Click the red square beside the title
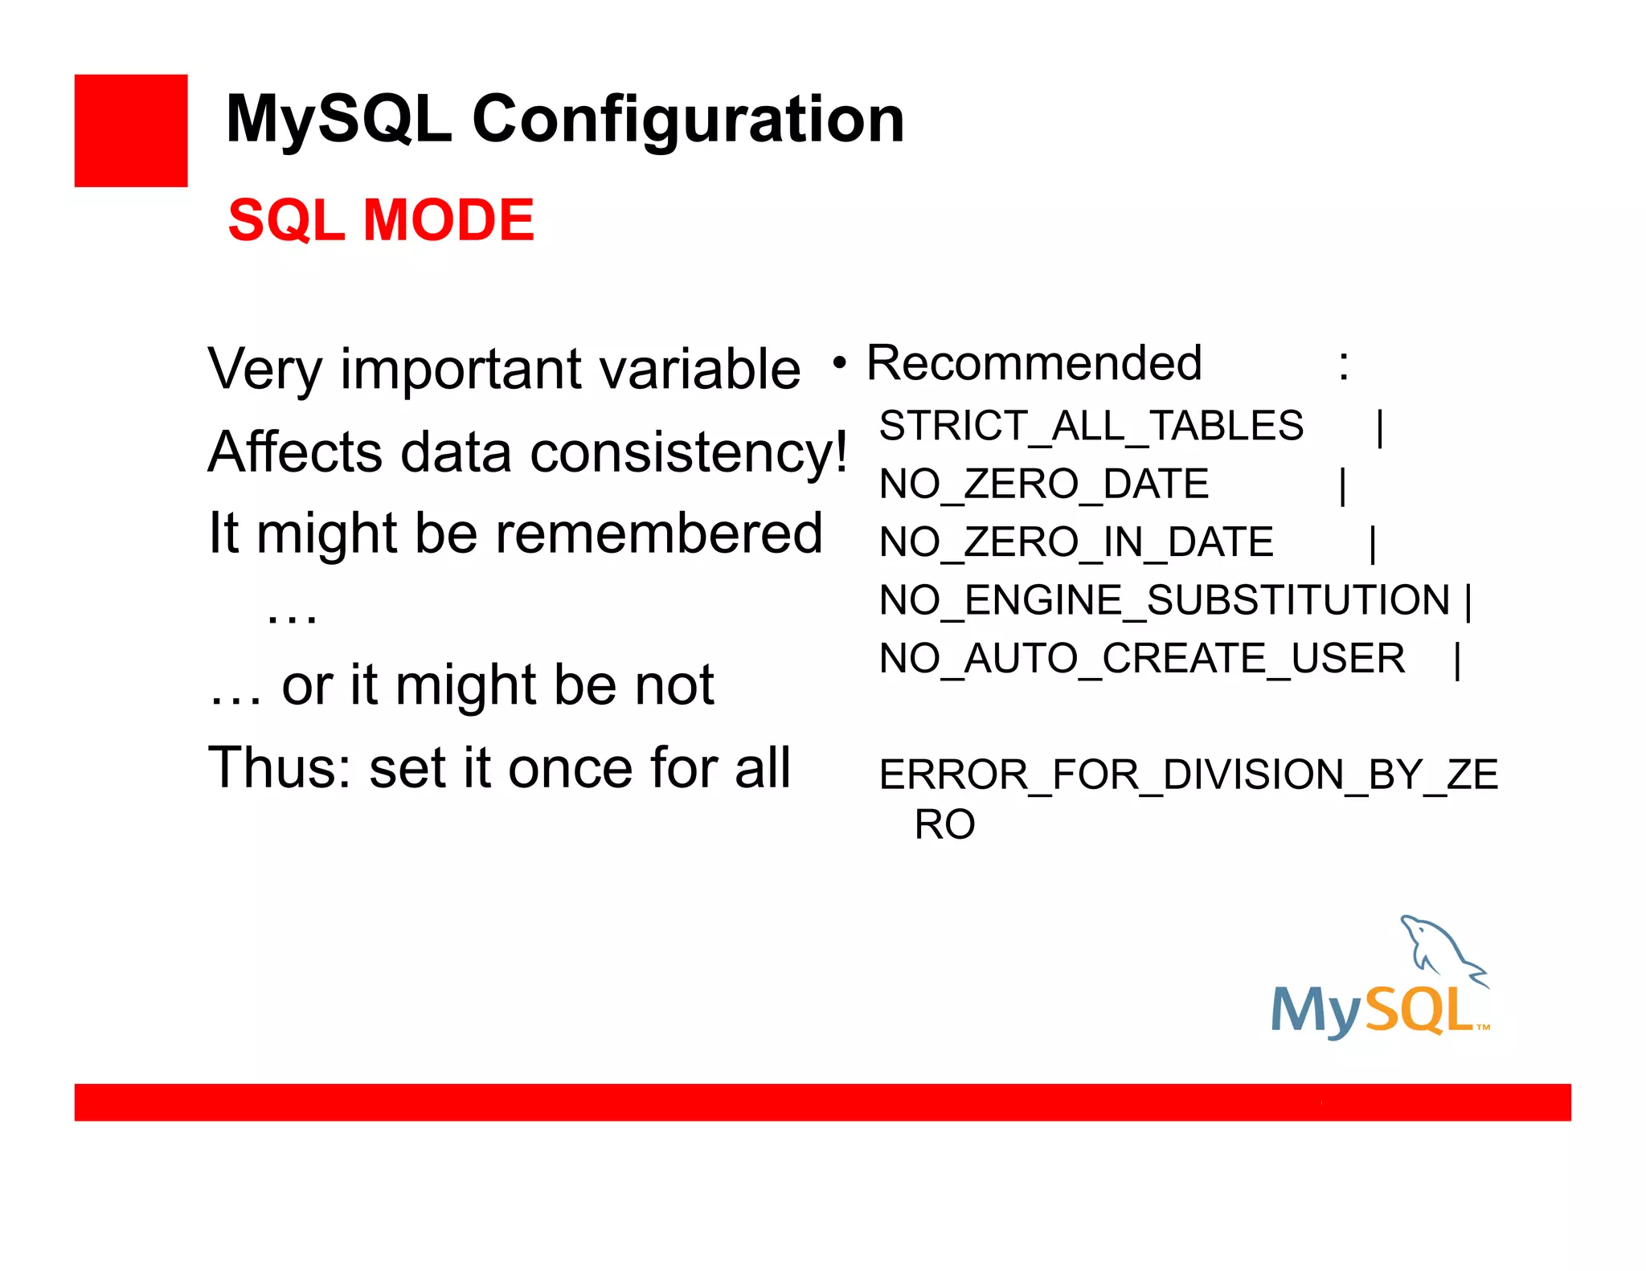131,131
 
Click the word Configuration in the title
688,120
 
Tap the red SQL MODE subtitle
381,220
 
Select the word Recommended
1034,363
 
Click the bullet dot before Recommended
839,364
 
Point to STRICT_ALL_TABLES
1091,426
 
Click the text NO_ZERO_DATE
1043,484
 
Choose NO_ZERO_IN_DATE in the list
1076,542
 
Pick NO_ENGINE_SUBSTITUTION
1164,600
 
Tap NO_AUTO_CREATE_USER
1141,659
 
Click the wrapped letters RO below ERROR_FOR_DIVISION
944,825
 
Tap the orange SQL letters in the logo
1419,1010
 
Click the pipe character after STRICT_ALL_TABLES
1379,428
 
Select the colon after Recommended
1343,366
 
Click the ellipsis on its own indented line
292,616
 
